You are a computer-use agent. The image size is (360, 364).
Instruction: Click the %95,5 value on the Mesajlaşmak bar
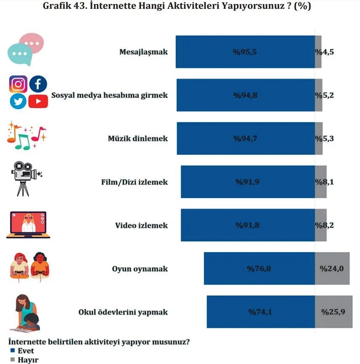click(x=245, y=52)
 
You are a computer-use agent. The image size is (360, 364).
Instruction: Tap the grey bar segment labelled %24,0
click(x=332, y=268)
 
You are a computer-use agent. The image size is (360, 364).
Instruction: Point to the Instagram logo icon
click(x=18, y=84)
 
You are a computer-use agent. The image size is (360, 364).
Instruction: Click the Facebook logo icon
click(x=38, y=84)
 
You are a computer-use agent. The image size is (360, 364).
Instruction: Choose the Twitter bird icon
click(x=18, y=101)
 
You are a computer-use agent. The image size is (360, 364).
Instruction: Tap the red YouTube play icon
click(x=38, y=101)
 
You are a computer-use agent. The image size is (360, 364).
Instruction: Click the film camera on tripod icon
click(x=25, y=179)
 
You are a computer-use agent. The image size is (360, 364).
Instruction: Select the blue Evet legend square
click(x=13, y=351)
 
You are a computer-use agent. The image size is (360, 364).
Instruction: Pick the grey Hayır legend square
click(x=13, y=360)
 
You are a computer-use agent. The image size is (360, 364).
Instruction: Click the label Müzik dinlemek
click(x=138, y=139)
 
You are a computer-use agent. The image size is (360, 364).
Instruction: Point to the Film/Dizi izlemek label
click(x=134, y=182)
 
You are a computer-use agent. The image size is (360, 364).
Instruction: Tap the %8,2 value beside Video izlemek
click(x=324, y=225)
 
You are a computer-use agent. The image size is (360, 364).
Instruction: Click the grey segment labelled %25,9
click(x=333, y=312)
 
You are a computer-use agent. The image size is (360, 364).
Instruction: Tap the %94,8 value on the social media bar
click(x=245, y=95)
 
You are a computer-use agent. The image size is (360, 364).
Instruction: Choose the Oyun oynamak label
click(x=140, y=269)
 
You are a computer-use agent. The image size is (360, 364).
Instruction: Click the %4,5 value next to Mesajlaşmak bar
click(x=324, y=52)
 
